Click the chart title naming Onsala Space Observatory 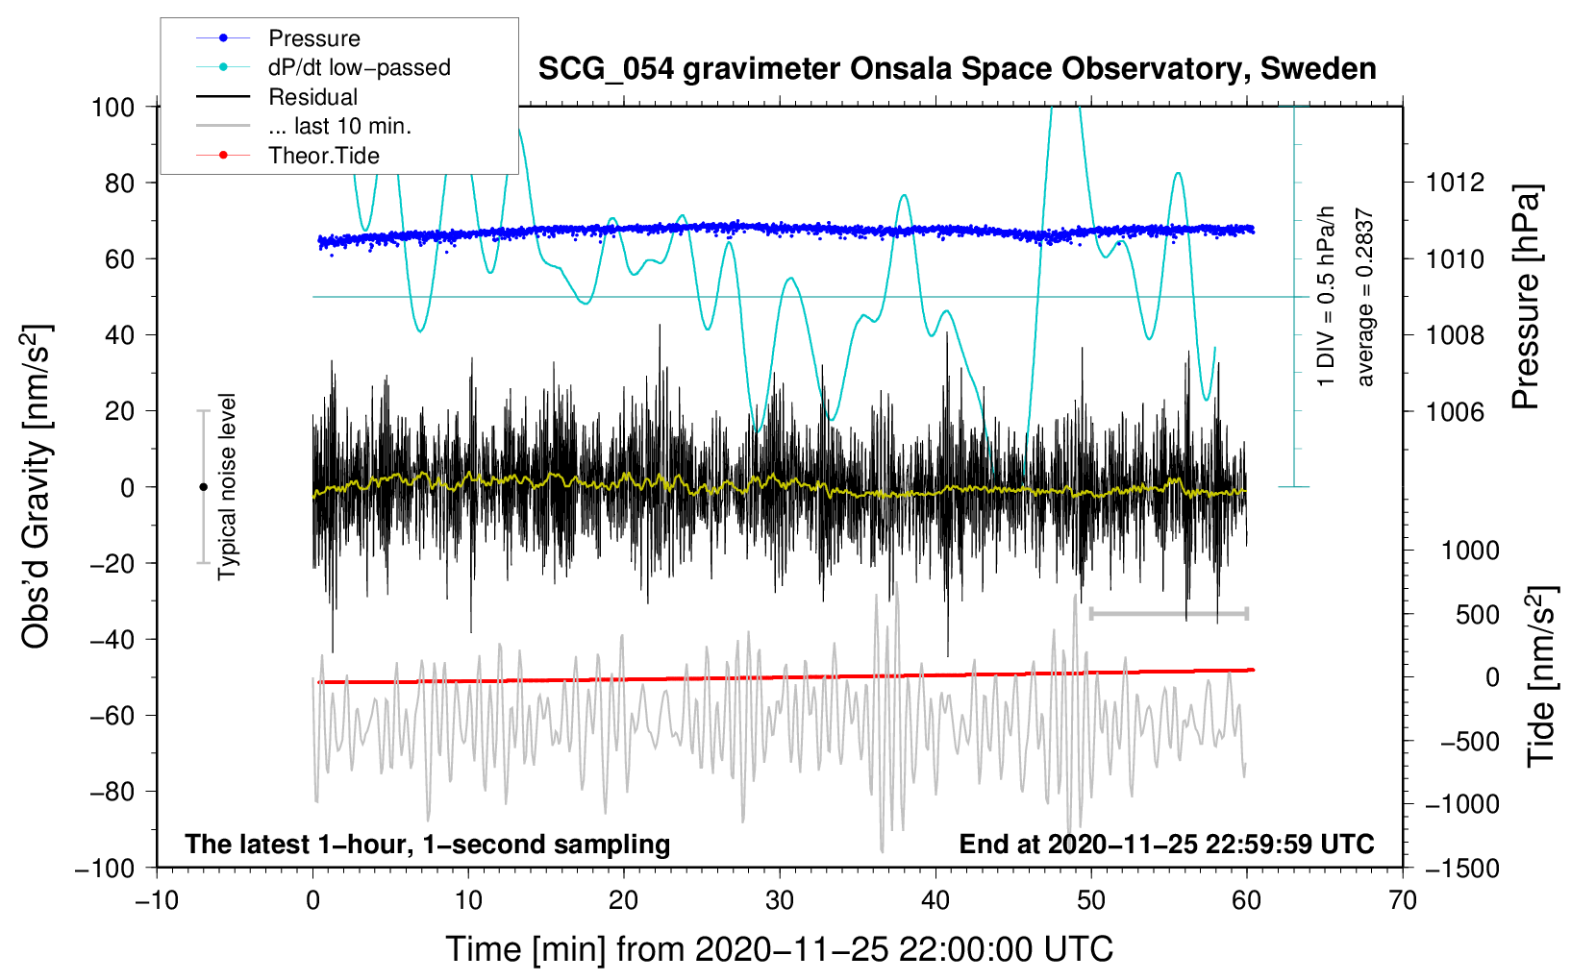coord(957,69)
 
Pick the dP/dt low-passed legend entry coord(359,67)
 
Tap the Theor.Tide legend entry coord(323,156)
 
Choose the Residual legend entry coord(312,97)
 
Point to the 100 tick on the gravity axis coord(112,107)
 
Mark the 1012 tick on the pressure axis coord(1456,183)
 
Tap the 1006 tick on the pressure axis coord(1456,411)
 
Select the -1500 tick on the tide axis coord(1461,868)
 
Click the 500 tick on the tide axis coord(1477,614)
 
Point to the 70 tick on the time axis coord(1403,900)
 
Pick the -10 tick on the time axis coord(157,900)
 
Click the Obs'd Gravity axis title coord(37,486)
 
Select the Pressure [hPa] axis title coord(1526,298)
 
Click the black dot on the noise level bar coord(203,487)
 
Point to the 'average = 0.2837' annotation coord(1364,298)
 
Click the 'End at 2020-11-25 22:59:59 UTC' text coord(1166,844)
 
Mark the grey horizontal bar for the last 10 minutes coord(1169,613)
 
